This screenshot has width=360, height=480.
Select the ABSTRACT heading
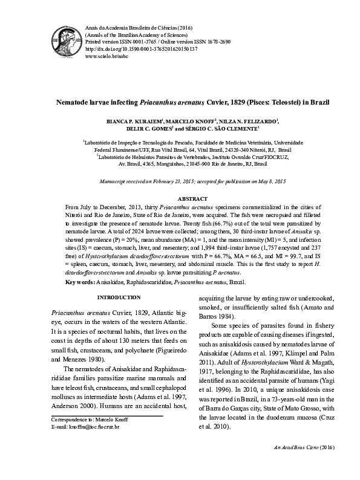point(192,199)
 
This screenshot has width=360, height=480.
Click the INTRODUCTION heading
point(119,298)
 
